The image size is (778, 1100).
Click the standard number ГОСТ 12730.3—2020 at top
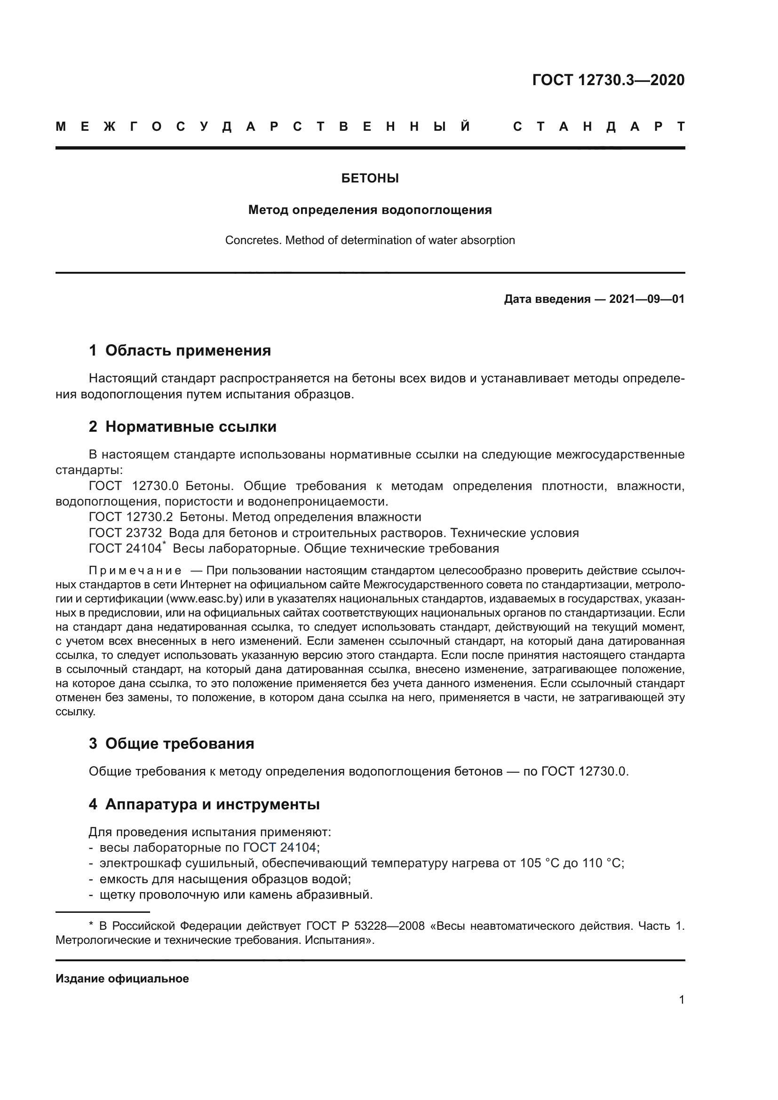tap(608, 80)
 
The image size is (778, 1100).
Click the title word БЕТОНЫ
tap(370, 179)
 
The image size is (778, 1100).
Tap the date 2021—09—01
tap(647, 300)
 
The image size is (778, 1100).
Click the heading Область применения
tap(188, 351)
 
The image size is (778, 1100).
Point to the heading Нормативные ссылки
tap(191, 427)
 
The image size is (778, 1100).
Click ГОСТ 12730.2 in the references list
tap(130, 517)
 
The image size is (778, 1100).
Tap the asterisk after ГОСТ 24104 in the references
tap(164, 544)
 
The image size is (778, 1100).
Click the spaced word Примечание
tap(135, 570)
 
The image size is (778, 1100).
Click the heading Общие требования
tap(180, 744)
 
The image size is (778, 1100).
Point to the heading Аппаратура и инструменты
tap(212, 804)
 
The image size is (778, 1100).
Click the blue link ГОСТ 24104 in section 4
tap(279, 847)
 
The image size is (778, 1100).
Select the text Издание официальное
tap(122, 979)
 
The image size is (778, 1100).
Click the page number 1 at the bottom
tap(682, 999)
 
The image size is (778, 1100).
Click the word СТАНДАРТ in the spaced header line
tap(599, 127)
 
